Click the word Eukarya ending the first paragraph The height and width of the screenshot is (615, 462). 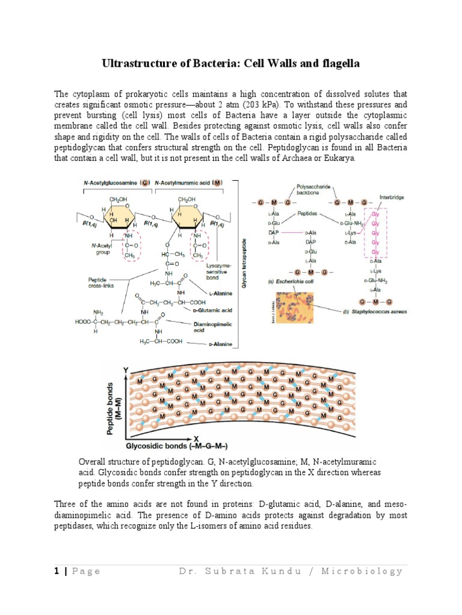pos(340,158)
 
